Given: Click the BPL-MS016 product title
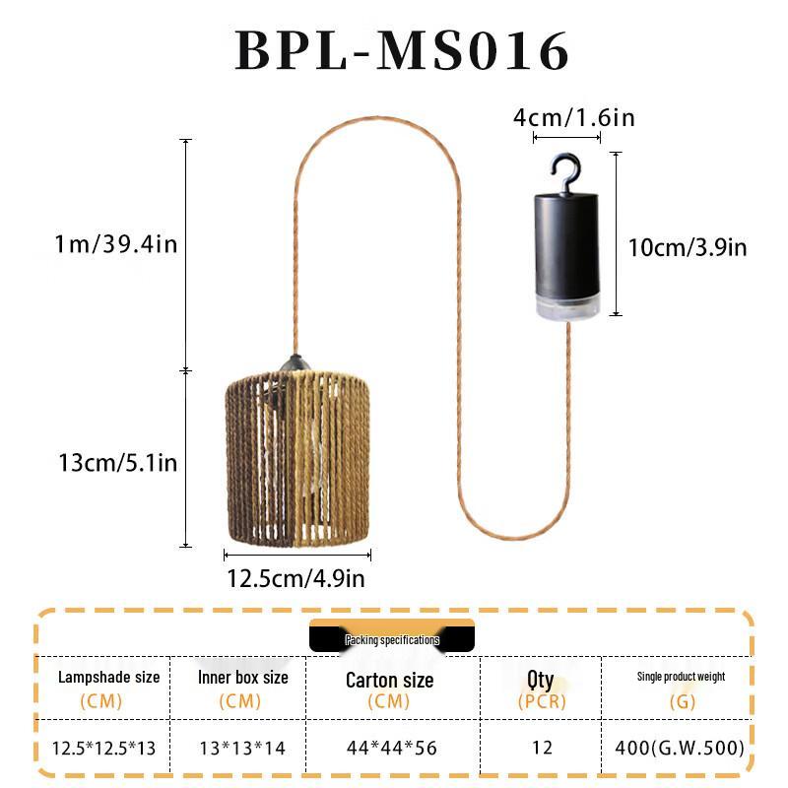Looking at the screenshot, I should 402,51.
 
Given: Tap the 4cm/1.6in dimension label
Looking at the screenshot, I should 573,118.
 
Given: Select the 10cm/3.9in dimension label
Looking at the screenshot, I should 688,247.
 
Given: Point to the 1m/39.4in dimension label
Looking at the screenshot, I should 116,244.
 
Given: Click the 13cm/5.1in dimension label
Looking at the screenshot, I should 116,460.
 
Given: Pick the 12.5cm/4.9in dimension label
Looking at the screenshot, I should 295,579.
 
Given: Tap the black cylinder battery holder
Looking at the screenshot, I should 566,241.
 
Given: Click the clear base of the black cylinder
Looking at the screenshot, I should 566,303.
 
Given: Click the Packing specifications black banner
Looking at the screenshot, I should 392,639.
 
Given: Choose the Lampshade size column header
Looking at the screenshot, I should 108,678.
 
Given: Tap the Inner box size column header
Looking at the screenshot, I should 242,678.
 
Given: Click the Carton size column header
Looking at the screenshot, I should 389,680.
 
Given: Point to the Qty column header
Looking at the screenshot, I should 541,679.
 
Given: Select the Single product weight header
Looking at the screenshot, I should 681,677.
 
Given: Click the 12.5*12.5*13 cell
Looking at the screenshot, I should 104,748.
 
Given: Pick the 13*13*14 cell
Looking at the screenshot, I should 241,748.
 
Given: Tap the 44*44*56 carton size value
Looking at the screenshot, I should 390,748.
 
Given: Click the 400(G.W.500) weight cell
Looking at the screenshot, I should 680,748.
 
